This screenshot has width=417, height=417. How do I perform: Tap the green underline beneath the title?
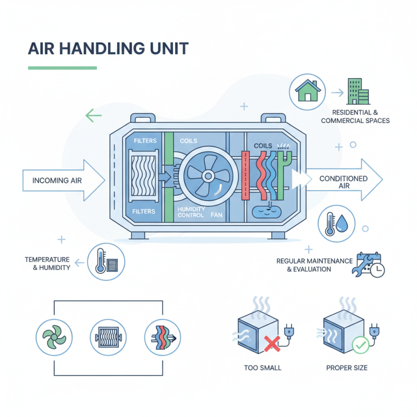point(63,68)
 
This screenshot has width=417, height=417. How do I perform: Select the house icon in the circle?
point(308,92)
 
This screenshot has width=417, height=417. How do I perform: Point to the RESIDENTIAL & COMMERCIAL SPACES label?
point(355,116)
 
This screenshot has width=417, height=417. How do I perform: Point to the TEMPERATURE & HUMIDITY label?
point(47,263)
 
